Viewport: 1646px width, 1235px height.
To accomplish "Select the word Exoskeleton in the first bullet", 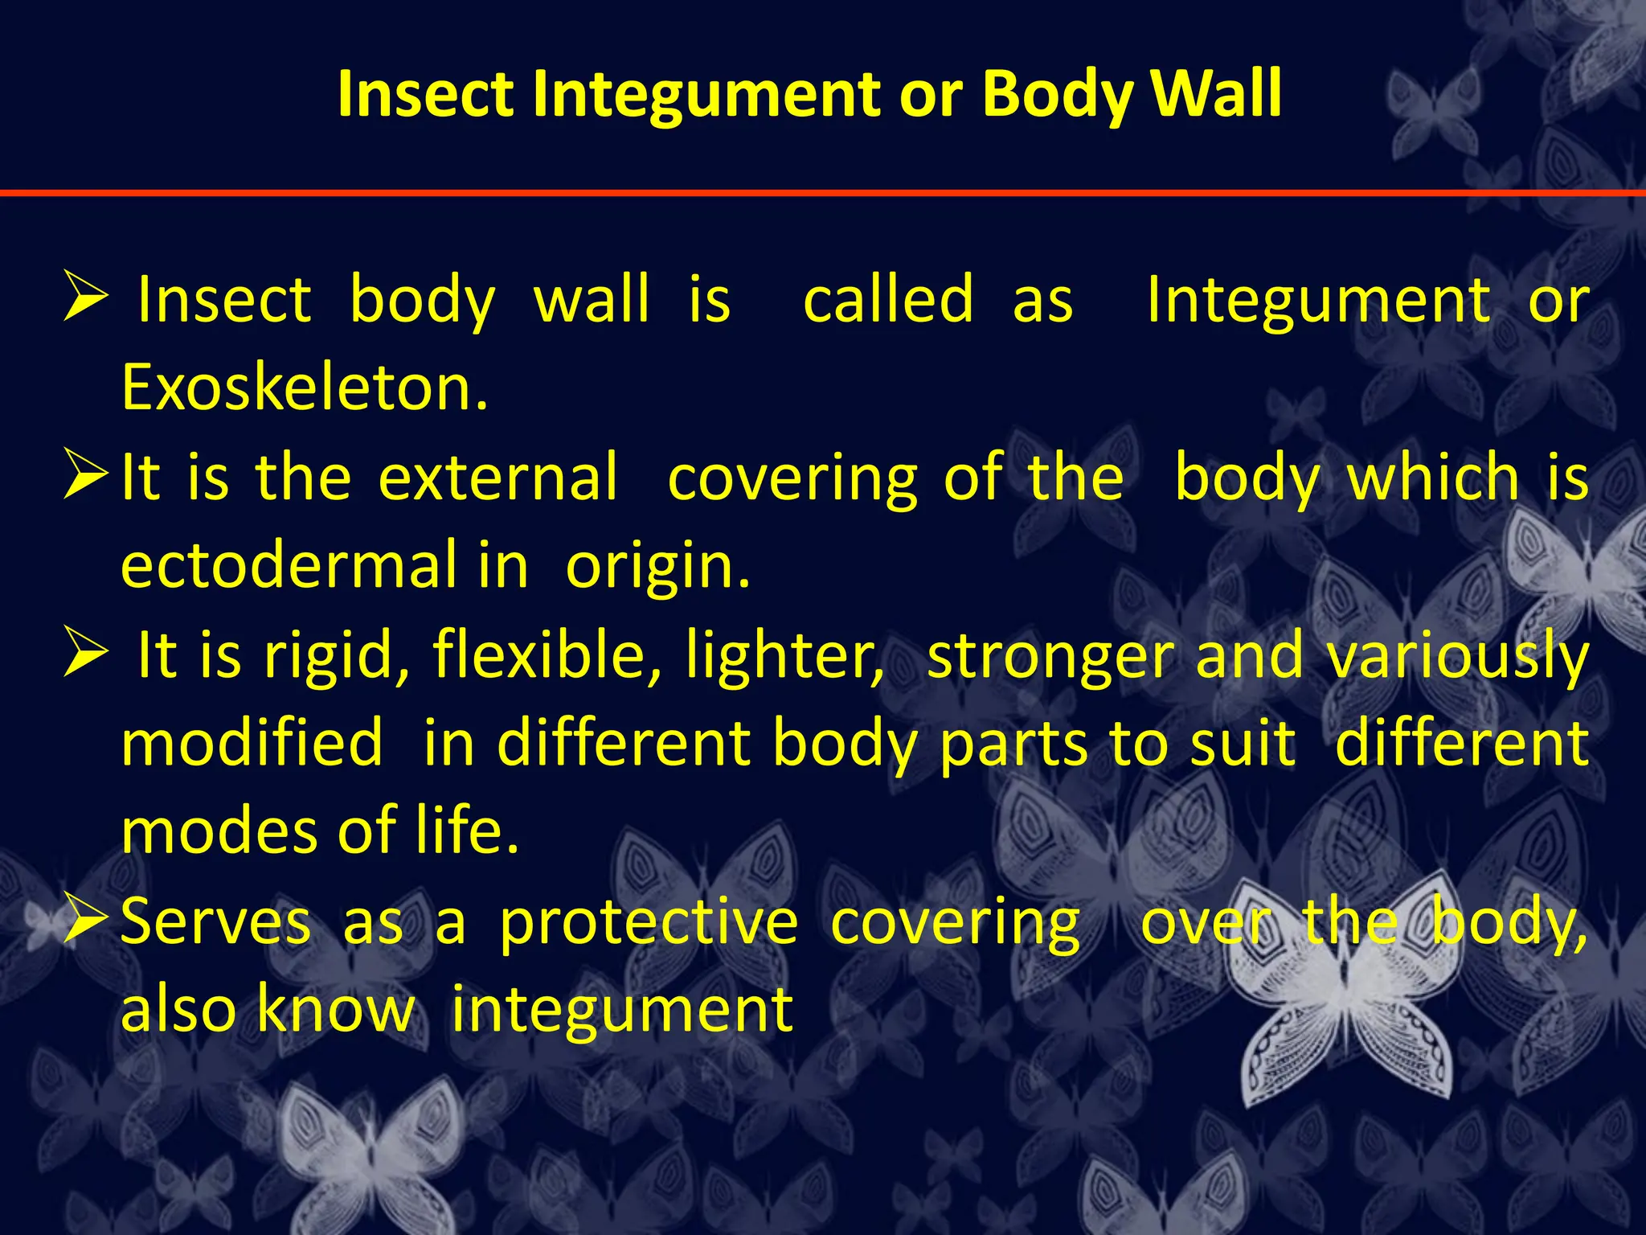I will tap(305, 388).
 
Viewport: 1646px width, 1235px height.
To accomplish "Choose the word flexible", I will tap(547, 654).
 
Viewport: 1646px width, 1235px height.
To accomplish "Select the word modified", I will tap(252, 742).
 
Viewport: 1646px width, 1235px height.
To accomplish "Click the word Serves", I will tap(215, 921).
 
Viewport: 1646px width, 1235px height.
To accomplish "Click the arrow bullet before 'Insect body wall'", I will tap(85, 297).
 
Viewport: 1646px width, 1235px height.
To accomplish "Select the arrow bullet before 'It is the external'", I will tap(85, 475).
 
